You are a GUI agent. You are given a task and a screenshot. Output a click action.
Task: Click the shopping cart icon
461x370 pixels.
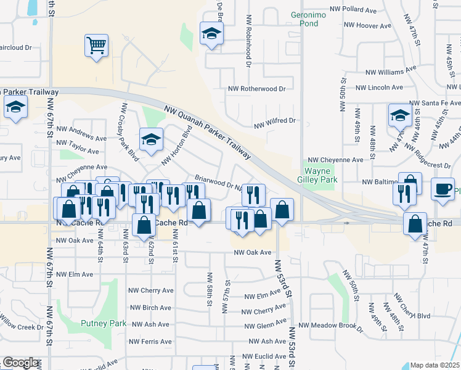(96, 45)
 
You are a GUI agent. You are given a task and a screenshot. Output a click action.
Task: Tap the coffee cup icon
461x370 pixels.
(443, 189)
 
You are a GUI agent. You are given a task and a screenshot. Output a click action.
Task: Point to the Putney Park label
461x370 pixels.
(104, 323)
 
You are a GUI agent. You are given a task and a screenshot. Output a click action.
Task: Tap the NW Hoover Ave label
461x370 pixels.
(369, 27)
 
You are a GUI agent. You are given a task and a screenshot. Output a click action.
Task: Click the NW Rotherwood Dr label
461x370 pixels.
(257, 89)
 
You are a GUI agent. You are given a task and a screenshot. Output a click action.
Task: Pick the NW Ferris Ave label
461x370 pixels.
(149, 341)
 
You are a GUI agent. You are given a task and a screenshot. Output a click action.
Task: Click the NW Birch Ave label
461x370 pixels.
(150, 308)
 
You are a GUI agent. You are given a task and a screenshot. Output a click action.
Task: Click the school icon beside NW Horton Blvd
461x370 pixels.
(150, 139)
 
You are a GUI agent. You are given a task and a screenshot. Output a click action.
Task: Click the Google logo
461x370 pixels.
(20, 363)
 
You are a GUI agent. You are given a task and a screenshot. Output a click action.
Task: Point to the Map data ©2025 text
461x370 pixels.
(434, 365)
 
